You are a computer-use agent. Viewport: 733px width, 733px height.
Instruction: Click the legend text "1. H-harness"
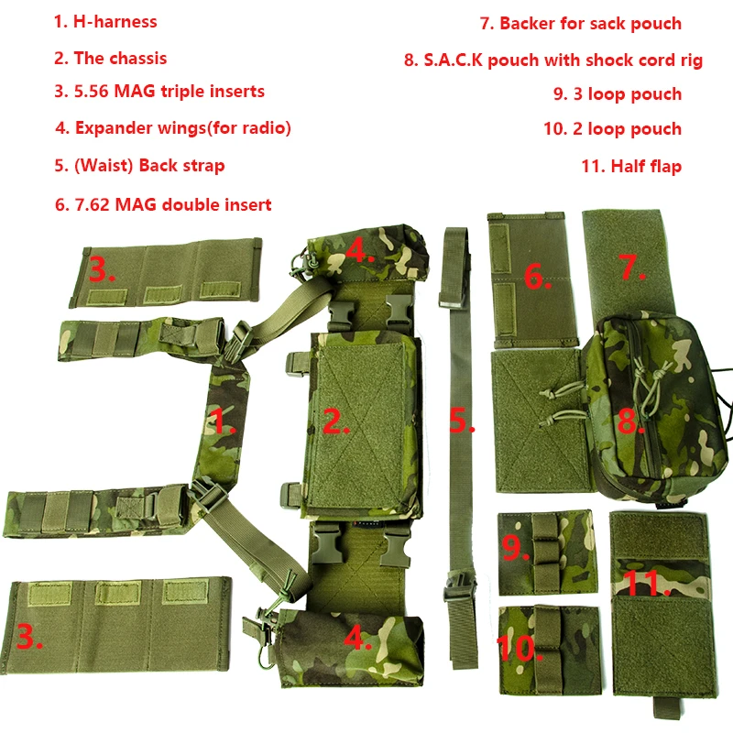point(105,22)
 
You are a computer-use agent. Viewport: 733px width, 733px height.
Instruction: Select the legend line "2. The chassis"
point(110,59)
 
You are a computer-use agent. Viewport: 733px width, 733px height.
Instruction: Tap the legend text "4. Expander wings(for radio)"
point(173,127)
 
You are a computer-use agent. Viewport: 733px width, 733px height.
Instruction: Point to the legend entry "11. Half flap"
point(631,166)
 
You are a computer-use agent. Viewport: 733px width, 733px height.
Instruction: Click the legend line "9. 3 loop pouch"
point(618,94)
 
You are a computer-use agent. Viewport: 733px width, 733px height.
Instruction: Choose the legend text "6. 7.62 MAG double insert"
point(163,204)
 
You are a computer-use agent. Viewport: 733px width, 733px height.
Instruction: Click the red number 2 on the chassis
point(335,421)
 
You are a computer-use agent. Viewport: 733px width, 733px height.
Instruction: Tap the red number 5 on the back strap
point(461,420)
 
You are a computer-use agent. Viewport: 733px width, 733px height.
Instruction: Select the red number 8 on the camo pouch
point(631,421)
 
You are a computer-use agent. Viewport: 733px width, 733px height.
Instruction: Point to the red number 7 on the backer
point(632,267)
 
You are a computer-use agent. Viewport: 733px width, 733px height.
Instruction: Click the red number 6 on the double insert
point(537,277)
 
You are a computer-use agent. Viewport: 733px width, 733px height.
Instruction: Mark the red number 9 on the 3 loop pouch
point(515,547)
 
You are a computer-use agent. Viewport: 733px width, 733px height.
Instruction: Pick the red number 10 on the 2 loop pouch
point(519,648)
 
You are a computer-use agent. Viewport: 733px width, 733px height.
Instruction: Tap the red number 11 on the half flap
point(648,583)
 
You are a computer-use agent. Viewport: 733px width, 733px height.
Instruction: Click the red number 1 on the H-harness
point(222,421)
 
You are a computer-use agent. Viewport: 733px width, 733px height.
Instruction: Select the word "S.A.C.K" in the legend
point(453,60)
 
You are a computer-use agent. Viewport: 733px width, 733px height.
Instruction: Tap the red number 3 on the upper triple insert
point(102,269)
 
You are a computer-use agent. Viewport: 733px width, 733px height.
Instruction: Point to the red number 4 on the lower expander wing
point(358,638)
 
